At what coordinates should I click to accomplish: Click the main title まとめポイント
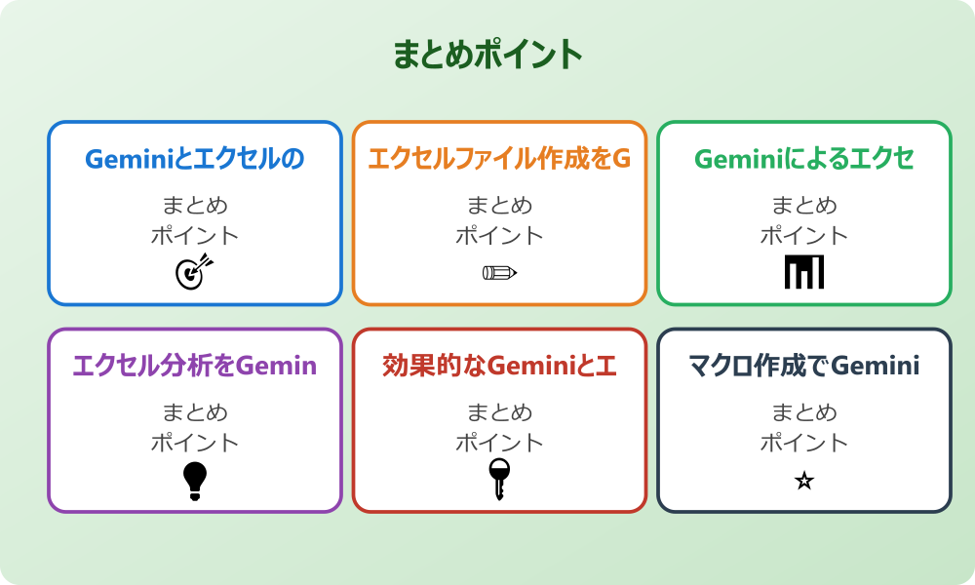pos(487,55)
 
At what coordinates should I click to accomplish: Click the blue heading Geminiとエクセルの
pos(195,159)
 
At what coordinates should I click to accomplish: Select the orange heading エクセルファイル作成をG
pos(499,159)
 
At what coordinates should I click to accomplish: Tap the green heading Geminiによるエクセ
pos(804,159)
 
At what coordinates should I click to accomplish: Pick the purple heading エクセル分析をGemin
pos(195,367)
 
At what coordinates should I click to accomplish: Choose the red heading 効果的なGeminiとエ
pos(499,367)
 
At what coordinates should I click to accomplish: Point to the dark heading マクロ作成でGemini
pos(804,367)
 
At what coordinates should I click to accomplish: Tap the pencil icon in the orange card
pos(499,272)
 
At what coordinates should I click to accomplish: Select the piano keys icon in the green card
pos(804,272)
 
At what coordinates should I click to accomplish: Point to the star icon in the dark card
pos(804,481)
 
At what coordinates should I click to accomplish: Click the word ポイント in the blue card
pos(195,235)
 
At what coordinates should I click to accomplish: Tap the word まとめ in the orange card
pos(499,206)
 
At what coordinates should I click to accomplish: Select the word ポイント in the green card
pos(804,235)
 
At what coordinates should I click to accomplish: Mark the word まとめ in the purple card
pos(195,413)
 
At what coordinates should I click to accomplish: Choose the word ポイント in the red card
pos(499,443)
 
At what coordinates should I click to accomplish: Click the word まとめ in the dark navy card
pos(804,413)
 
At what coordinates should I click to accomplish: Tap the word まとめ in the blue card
pos(195,206)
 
